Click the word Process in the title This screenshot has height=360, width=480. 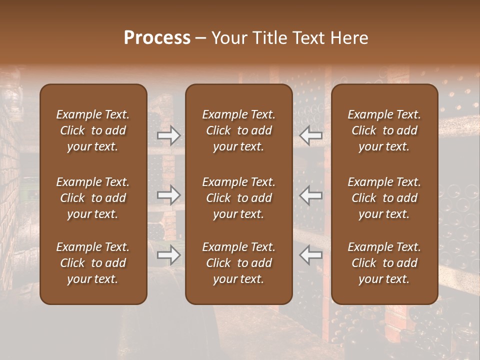point(157,38)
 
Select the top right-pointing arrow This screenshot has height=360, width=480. point(168,135)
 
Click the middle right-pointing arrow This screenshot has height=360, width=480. point(168,195)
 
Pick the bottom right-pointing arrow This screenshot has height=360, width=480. point(168,255)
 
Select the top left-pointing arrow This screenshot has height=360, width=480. point(311,135)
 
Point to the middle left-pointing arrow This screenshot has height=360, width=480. point(311,195)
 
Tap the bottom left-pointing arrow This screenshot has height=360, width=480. point(311,255)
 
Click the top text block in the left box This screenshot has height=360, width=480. point(93,130)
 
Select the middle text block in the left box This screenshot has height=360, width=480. point(93,198)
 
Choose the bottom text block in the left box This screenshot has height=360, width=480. point(93,263)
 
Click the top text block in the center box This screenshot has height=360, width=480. point(238,130)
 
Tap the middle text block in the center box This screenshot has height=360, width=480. point(238,198)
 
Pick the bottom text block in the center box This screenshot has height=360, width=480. point(238,263)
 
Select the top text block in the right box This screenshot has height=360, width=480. point(384,130)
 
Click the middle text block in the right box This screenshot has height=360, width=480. point(384,198)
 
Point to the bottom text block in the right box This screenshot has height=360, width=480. point(384,263)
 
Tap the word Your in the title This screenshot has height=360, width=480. point(228,38)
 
